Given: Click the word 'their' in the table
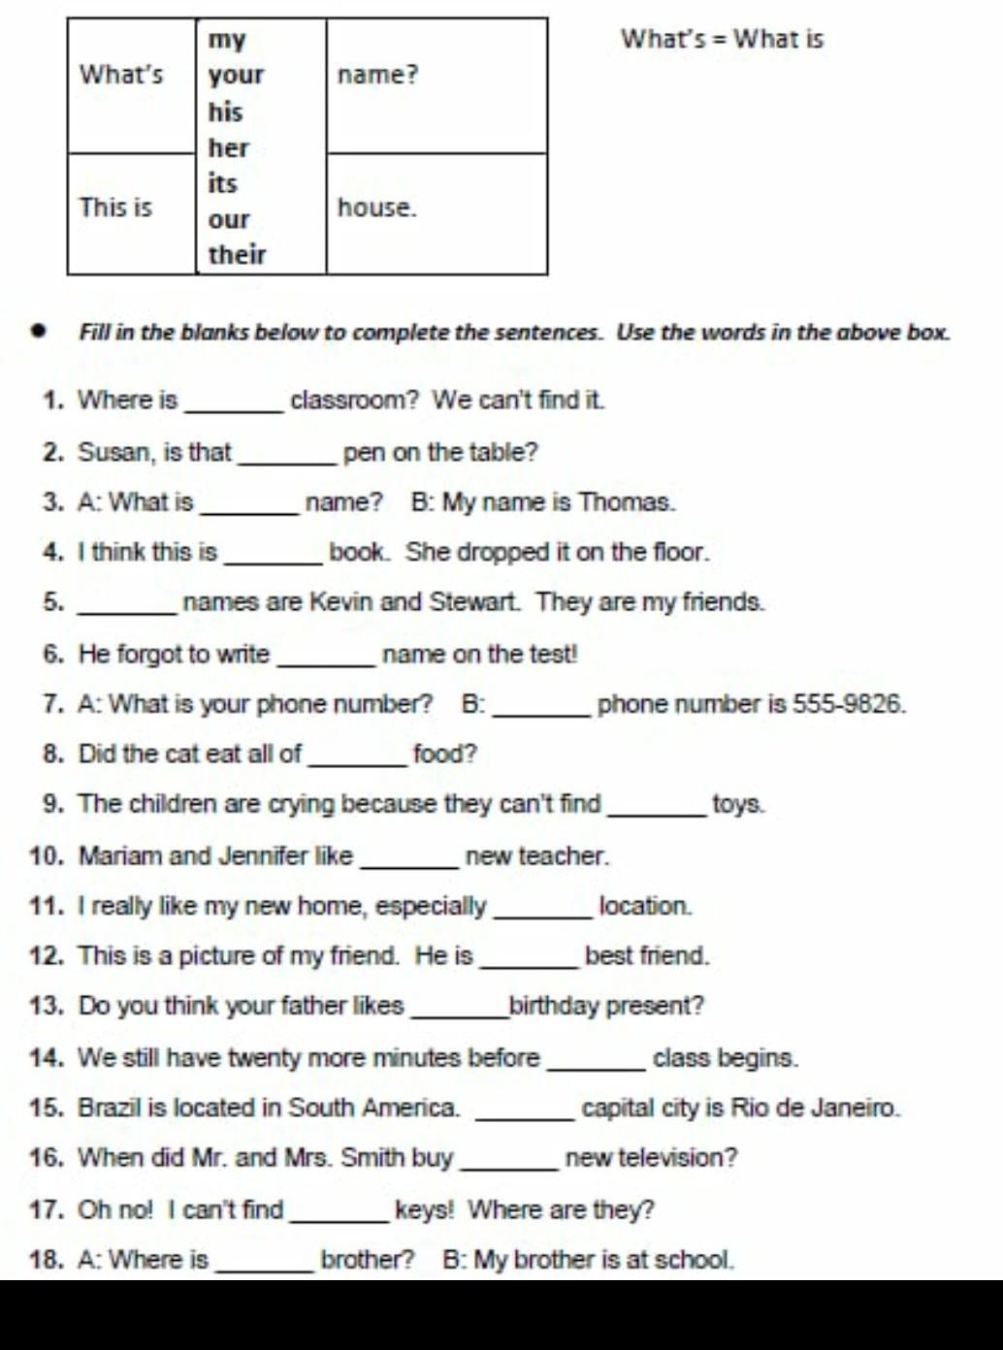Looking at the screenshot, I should (x=237, y=255).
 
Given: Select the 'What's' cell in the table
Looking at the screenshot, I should (x=121, y=75).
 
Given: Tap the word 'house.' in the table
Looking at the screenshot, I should (x=376, y=208).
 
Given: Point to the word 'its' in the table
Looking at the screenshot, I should (x=222, y=183).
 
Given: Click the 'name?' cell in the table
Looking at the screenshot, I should (x=377, y=75).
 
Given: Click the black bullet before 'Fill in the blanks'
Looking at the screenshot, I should (x=40, y=332).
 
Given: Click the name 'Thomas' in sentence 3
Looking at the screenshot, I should (x=624, y=502).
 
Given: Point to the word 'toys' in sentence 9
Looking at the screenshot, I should (x=737, y=805).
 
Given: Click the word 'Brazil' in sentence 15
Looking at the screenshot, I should (x=110, y=1108).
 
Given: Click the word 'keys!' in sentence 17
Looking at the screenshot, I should (x=424, y=1209).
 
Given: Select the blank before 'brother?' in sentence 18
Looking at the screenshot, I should (x=265, y=1268).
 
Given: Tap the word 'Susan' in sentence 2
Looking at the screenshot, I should (x=114, y=453).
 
